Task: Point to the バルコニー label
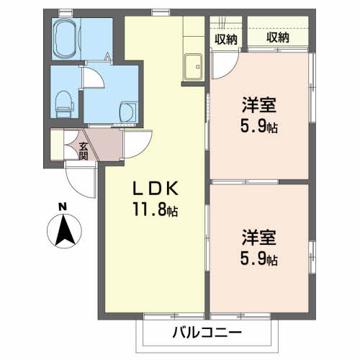click(207, 333)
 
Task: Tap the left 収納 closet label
click(226, 39)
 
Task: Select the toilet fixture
click(65, 103)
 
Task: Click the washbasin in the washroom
click(126, 110)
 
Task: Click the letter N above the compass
click(63, 207)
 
